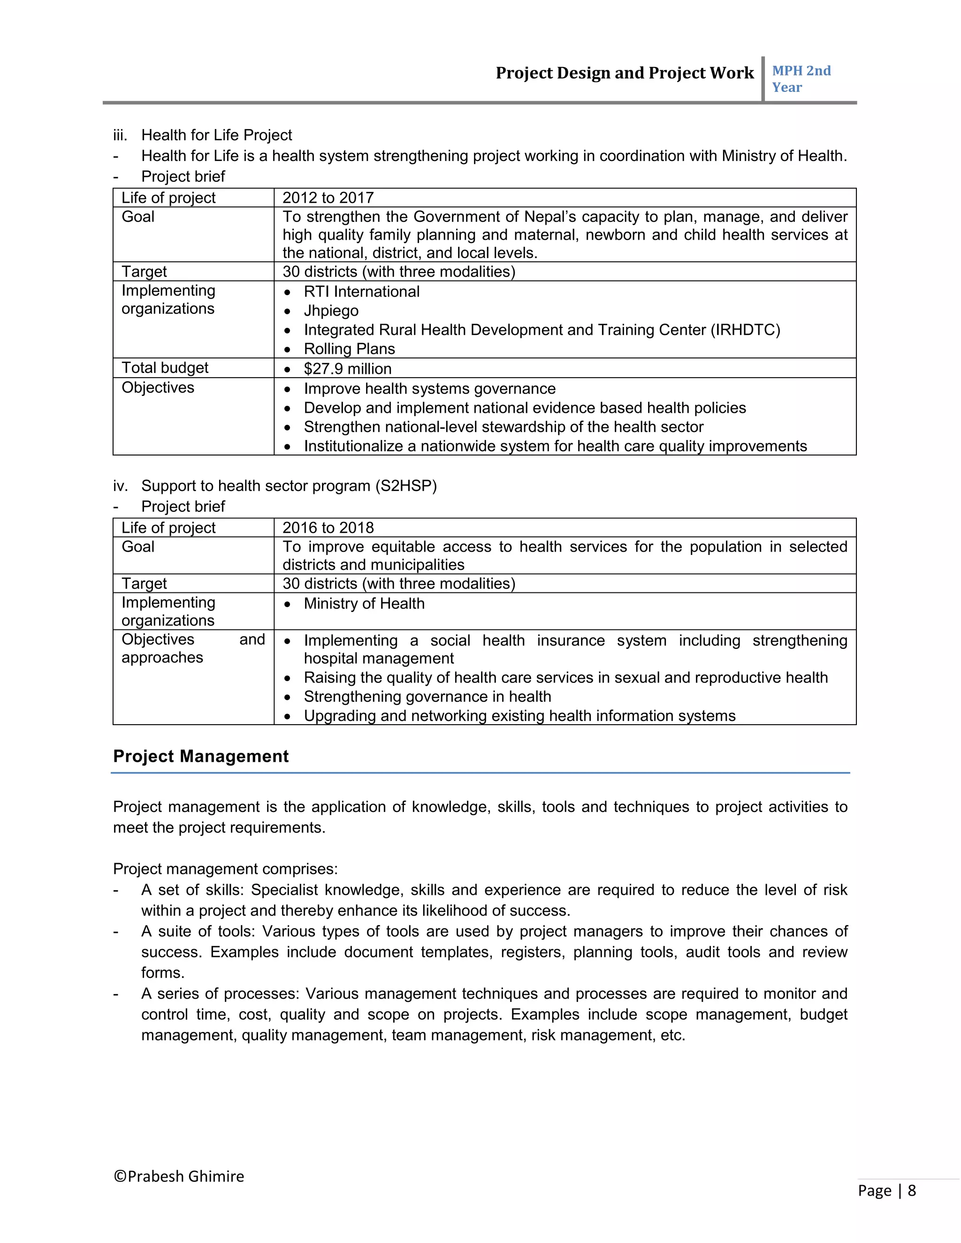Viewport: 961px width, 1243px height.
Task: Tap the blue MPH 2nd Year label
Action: [801, 79]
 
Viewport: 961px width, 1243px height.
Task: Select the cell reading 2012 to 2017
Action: [328, 197]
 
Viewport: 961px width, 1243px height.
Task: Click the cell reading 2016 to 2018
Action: [328, 528]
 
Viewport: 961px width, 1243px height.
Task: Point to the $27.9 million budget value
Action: [347, 369]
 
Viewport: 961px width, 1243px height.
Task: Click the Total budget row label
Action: [165, 368]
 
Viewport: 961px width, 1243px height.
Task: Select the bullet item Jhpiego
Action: [331, 311]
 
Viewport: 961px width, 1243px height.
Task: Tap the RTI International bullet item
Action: [361, 291]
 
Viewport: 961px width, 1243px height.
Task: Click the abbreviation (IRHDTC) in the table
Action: [745, 330]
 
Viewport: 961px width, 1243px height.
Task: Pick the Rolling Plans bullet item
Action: [349, 349]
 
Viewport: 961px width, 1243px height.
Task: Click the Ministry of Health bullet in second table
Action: [364, 603]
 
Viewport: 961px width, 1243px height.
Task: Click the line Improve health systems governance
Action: [429, 389]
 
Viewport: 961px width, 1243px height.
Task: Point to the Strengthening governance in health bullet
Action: [427, 697]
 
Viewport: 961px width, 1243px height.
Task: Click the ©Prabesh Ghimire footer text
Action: [179, 1176]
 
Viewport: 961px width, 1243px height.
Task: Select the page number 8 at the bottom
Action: [911, 1190]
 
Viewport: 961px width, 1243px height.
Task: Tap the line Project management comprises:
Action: [225, 869]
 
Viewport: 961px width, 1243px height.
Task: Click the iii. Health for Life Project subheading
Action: [216, 136]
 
